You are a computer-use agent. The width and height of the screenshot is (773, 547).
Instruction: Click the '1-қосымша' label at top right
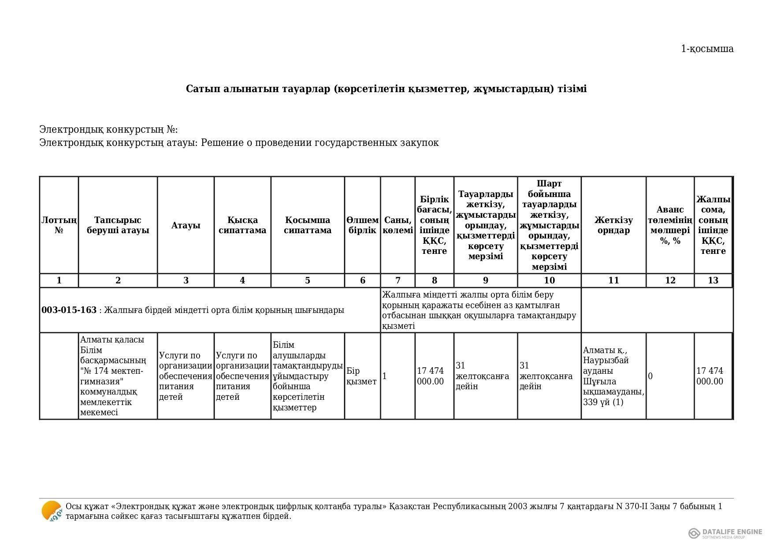click(707, 49)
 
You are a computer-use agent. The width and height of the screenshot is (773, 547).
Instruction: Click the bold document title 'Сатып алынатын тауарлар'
click(386, 89)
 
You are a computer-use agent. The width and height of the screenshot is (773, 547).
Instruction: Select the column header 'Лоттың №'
click(59, 225)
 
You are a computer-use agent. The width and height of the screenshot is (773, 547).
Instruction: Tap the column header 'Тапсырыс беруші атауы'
click(118, 225)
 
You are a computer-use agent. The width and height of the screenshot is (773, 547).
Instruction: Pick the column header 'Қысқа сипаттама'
click(242, 225)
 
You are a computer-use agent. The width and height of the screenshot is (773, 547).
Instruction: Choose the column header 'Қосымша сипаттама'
click(308, 225)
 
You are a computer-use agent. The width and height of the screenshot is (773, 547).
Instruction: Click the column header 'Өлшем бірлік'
click(362, 225)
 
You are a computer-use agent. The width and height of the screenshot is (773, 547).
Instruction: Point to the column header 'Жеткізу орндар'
click(613, 225)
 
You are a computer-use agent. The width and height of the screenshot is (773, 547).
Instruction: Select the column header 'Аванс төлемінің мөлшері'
click(670, 225)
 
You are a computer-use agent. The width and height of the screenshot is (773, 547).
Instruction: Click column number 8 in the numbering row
click(435, 281)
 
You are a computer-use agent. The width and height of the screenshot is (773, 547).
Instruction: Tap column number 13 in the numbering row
click(713, 281)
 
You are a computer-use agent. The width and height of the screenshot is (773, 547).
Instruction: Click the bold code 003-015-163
click(69, 310)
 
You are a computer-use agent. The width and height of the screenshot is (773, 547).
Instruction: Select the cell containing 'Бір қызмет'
click(362, 376)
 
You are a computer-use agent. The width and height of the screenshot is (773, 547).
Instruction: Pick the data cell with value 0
click(651, 376)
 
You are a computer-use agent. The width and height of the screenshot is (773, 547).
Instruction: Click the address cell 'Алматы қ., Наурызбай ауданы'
click(613, 376)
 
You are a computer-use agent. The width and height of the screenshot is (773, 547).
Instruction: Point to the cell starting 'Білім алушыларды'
click(308, 376)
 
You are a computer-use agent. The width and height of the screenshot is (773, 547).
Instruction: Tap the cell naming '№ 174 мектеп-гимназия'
click(118, 376)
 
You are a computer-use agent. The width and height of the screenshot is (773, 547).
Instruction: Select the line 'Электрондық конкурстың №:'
click(108, 130)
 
